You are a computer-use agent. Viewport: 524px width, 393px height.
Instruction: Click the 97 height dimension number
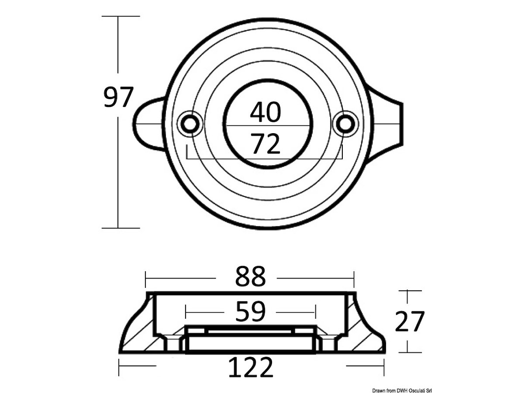coord(118,97)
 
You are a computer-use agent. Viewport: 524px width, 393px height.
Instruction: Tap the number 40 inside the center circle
coord(265,112)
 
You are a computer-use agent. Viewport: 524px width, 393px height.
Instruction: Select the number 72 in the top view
coord(265,144)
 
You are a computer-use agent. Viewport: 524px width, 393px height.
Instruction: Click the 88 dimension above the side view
coord(250,276)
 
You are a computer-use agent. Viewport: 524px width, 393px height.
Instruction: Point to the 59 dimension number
coord(250,311)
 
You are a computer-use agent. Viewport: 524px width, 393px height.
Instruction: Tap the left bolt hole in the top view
coord(190,124)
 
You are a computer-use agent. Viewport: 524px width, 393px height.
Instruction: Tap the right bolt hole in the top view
coord(345,124)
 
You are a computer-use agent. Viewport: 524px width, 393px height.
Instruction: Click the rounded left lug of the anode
coord(148,124)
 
